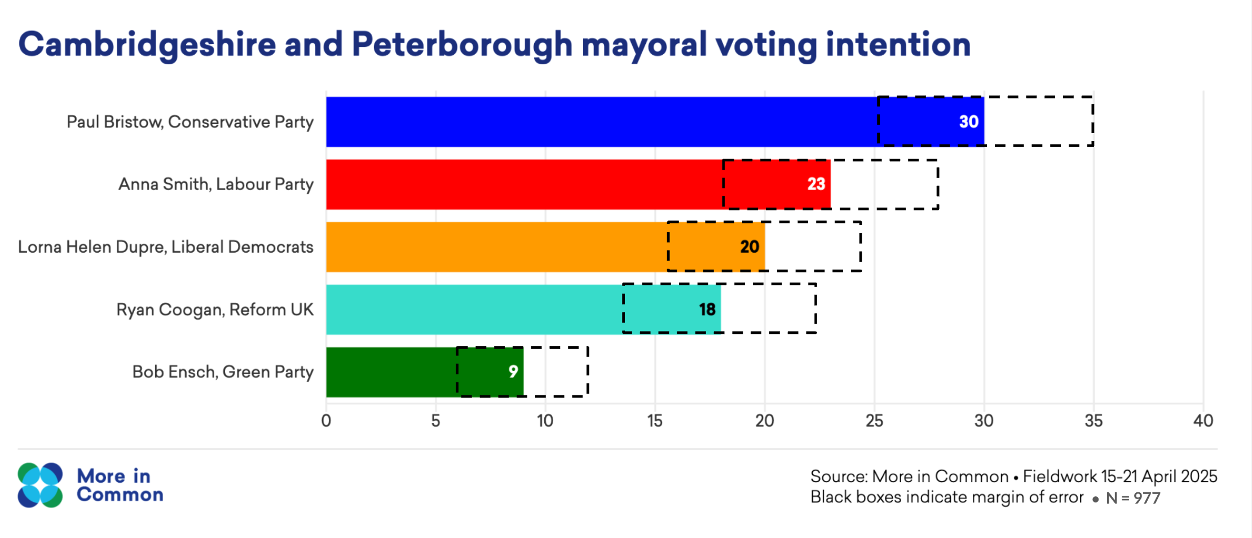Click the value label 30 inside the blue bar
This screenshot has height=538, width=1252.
pos(968,122)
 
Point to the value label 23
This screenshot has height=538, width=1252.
pos(815,184)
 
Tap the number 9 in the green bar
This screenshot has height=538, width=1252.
pos(513,372)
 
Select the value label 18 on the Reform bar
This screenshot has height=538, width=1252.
pos(707,310)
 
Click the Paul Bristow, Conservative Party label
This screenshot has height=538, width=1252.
pos(190,122)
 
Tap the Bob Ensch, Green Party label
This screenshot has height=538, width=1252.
pos(223,372)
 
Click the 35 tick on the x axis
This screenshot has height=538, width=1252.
pos(1093,421)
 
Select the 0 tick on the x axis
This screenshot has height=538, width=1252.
pos(326,421)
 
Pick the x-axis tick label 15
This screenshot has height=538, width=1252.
pos(655,421)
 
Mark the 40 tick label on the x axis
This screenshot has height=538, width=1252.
pos(1203,421)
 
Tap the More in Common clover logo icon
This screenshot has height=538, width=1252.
pos(40,485)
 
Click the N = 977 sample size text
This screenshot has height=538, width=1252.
pos(1132,498)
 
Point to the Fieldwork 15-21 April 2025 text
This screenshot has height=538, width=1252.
pos(1120,477)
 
